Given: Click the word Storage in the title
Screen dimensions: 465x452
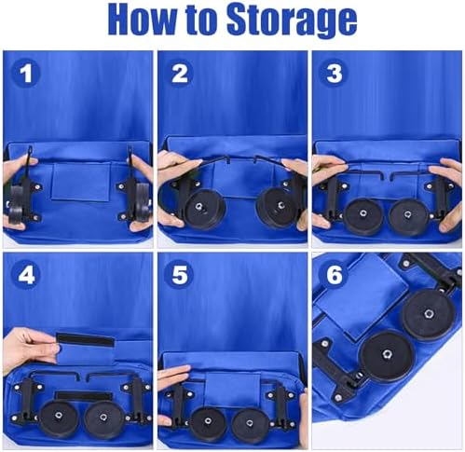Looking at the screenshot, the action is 292,21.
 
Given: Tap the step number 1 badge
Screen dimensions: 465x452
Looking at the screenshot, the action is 26,74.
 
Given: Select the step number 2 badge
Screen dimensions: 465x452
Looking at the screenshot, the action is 180,74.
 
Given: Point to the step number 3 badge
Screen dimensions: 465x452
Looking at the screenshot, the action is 335,74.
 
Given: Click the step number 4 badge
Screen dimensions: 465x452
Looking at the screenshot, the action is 26,275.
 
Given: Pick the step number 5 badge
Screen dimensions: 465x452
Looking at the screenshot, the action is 180,275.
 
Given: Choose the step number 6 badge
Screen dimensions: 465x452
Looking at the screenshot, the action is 335,275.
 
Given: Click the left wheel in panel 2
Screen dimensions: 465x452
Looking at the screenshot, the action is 203,208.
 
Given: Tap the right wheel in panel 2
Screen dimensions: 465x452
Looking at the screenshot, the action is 278,207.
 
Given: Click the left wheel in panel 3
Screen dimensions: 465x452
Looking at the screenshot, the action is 362,215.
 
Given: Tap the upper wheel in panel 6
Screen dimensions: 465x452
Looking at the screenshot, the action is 430,314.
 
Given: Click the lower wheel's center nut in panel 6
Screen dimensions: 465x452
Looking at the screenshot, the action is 387,353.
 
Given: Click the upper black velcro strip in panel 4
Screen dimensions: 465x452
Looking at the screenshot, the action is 85,339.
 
